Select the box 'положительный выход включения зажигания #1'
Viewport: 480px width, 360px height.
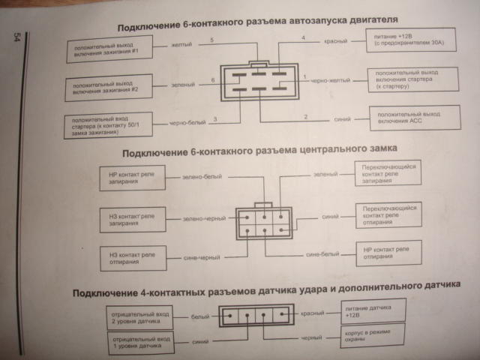[x=108, y=50]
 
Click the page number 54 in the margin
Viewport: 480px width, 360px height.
[x=16, y=39]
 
